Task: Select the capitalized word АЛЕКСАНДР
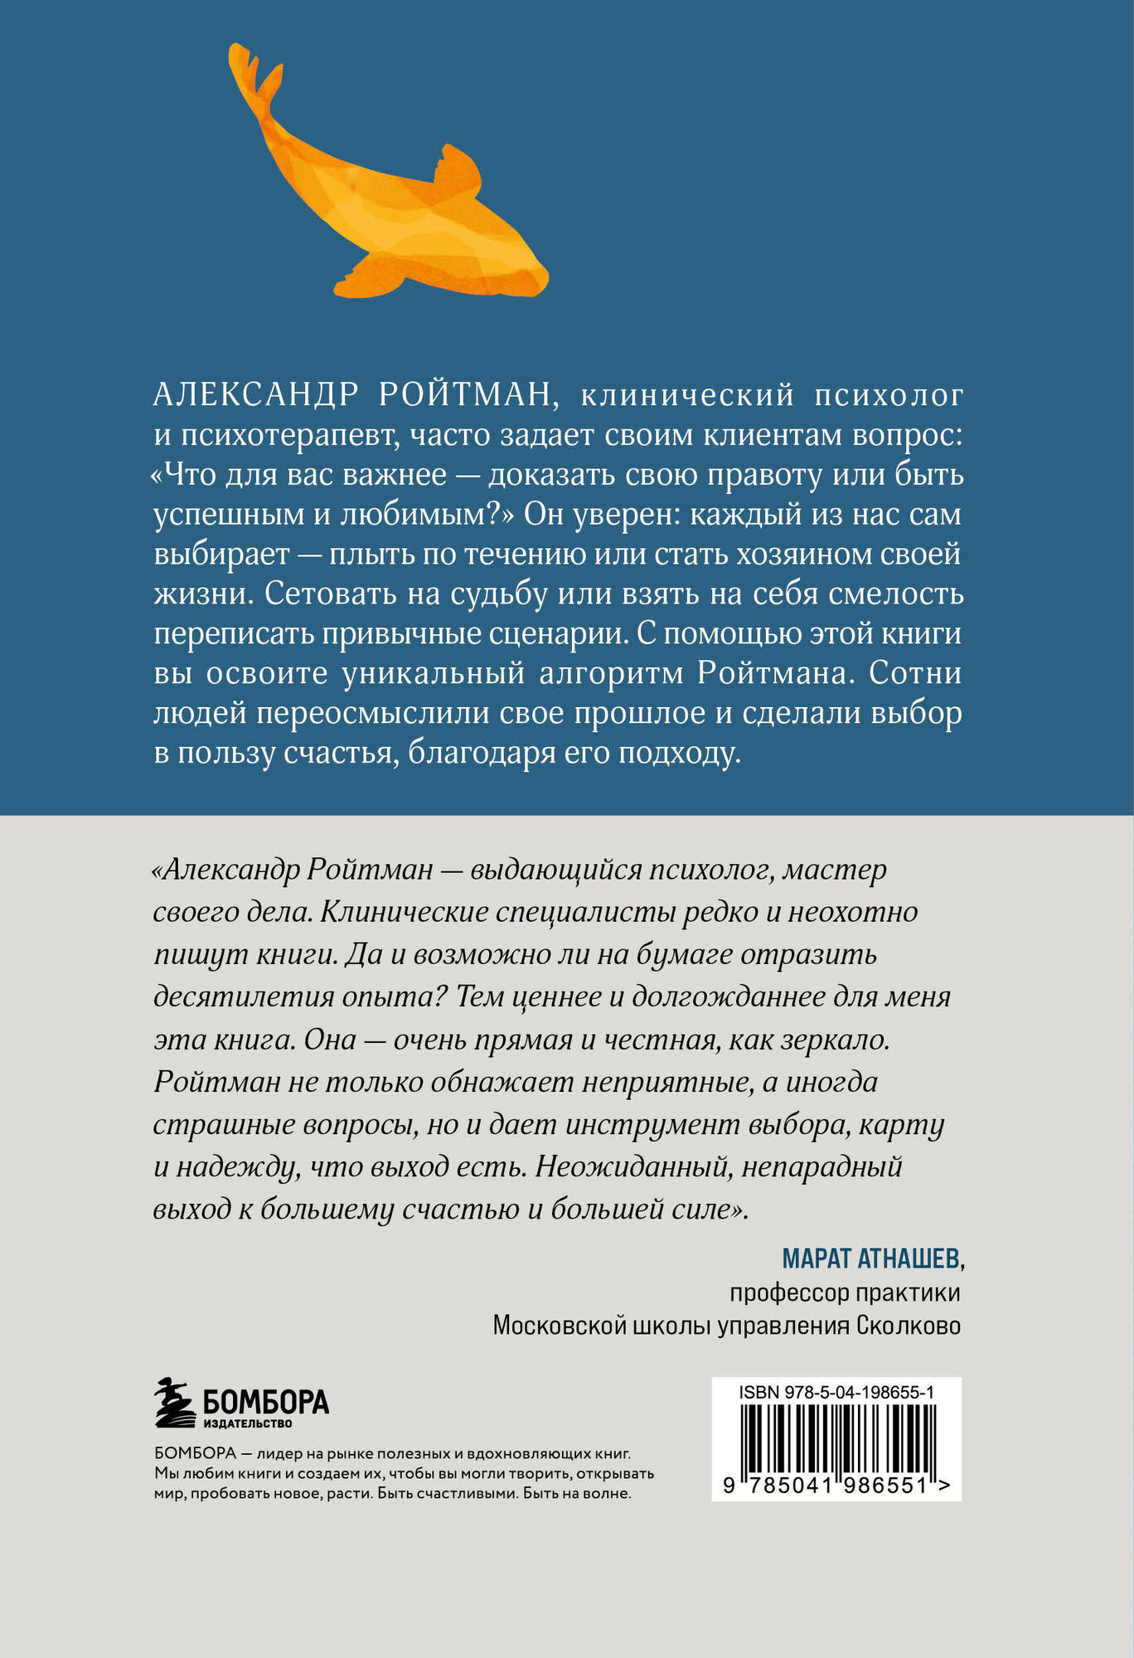tap(256, 395)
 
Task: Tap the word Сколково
tap(909, 1326)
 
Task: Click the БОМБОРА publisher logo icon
tap(176, 1403)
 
